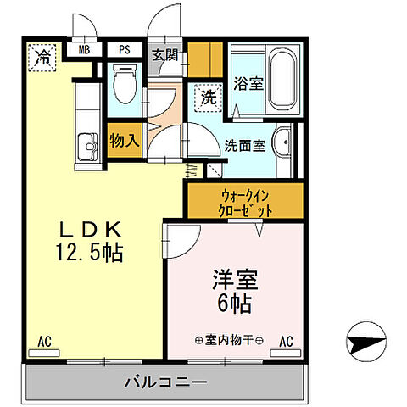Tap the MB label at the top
click(84, 50)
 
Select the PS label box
click(124, 50)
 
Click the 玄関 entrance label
click(164, 58)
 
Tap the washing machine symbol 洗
click(208, 97)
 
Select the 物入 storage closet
click(124, 140)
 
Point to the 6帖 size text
click(233, 302)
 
